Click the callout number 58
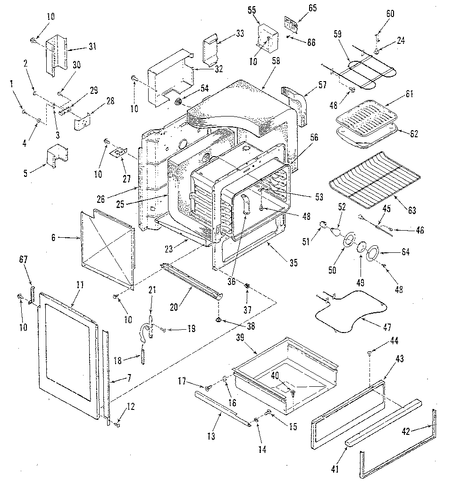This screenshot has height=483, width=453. tap(276, 62)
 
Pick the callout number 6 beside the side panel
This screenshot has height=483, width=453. tap(53, 238)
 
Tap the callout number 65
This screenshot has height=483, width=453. tap(312, 8)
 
